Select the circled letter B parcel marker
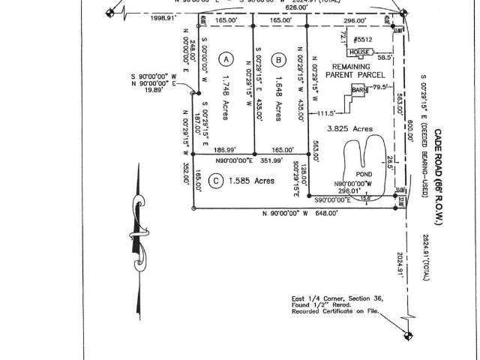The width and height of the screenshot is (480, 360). (279, 59)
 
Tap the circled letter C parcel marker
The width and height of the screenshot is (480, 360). (215, 181)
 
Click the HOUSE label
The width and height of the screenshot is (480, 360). (359, 52)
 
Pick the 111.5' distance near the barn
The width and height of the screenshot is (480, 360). (325, 113)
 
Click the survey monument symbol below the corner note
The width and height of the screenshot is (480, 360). (408, 334)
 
